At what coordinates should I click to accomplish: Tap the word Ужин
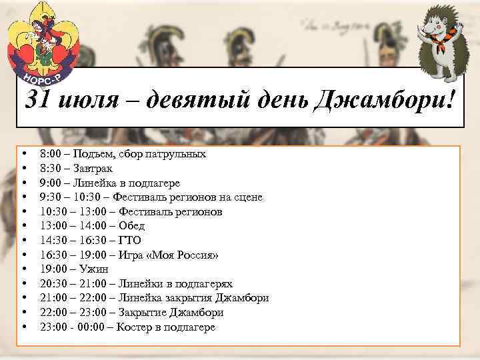tap(93, 269)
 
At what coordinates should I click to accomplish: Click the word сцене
tap(247, 197)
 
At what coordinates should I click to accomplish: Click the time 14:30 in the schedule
tap(53, 240)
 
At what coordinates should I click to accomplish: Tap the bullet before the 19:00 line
tap(23, 269)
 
